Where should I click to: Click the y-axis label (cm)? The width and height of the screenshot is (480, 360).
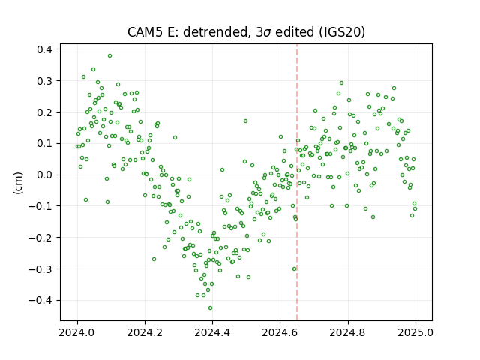[x=18, y=183]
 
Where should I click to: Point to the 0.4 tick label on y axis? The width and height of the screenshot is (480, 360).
[x=44, y=49]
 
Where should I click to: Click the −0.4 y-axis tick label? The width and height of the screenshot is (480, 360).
[x=40, y=300]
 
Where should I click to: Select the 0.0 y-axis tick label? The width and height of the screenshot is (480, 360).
[x=44, y=175]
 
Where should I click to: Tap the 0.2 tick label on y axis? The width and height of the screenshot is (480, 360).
[x=44, y=112]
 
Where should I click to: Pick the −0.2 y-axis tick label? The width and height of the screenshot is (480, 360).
[x=40, y=238]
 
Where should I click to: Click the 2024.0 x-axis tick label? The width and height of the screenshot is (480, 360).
[x=77, y=332]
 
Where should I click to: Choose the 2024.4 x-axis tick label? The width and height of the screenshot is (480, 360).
[x=212, y=332]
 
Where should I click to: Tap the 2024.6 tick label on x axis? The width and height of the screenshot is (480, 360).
[x=280, y=332]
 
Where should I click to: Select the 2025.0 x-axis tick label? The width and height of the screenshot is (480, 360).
[x=415, y=332]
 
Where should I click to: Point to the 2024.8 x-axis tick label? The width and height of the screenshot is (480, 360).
[x=348, y=332]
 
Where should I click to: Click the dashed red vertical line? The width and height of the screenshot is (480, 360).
[x=297, y=182]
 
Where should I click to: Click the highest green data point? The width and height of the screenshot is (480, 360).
[x=109, y=55]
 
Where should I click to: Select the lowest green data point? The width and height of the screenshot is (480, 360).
[x=210, y=307]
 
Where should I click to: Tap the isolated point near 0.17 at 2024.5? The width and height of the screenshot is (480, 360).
[x=245, y=121]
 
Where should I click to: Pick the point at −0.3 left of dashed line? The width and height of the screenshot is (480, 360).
[x=294, y=268]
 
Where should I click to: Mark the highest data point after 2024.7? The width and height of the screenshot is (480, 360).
[x=342, y=83]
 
